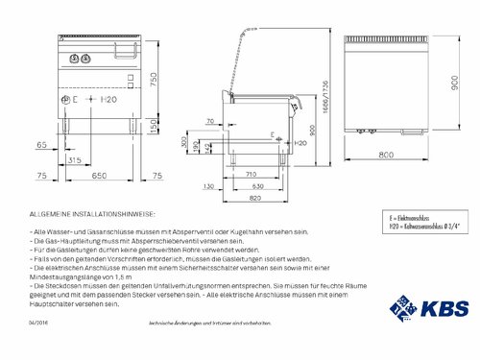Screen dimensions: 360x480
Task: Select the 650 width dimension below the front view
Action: pyautogui.click(x=99, y=177)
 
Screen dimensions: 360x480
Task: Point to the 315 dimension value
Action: pyautogui.click(x=74, y=160)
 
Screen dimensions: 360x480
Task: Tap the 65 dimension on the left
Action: pyautogui.click(x=40, y=144)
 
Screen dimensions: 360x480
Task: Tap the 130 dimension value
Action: pyautogui.click(x=209, y=185)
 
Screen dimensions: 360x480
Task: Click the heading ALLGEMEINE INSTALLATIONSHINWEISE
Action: pyautogui.click(x=91, y=213)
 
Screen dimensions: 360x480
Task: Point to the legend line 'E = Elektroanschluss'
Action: pyautogui.click(x=408, y=219)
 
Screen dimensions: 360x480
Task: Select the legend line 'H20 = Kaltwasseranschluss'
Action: pyautogui.click(x=417, y=227)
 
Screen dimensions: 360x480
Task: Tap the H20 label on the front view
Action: pyautogui.click(x=110, y=100)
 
